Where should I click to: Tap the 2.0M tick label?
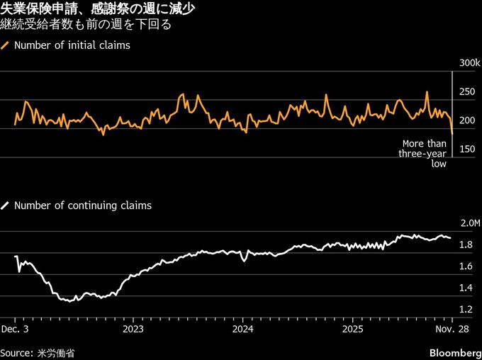470,223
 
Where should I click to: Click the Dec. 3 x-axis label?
15,329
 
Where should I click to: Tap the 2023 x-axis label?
133,329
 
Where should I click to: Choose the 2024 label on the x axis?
242,329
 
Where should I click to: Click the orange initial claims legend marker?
6,45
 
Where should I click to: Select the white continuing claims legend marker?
6,206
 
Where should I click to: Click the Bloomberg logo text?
454,352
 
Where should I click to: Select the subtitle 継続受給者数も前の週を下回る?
85,26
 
